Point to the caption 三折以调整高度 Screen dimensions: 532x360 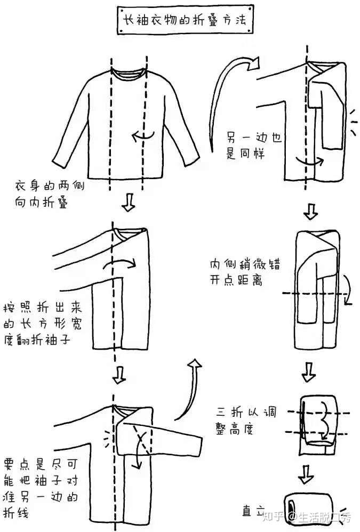coord(246,420)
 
